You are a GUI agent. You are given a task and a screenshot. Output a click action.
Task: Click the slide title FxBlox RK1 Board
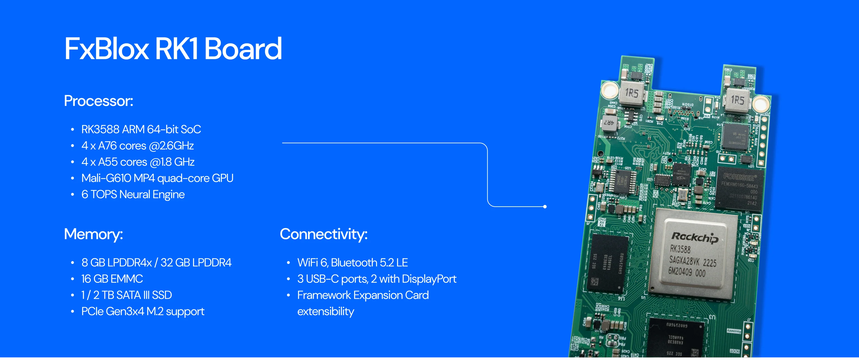click(173, 49)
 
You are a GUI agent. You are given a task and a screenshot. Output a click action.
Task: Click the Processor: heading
click(98, 101)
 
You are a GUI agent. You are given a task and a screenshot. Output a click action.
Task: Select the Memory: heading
click(93, 234)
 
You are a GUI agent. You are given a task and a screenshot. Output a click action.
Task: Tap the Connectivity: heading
click(324, 234)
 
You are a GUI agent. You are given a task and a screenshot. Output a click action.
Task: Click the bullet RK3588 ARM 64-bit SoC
click(141, 129)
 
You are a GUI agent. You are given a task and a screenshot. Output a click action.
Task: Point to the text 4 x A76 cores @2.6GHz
click(137, 146)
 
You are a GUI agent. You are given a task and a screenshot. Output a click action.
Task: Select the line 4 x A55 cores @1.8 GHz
click(138, 162)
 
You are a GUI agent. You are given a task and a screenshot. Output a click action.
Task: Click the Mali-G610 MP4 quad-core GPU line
click(157, 178)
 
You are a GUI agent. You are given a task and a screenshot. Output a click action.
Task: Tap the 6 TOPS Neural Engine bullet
click(133, 194)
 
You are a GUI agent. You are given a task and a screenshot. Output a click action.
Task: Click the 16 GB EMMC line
click(112, 279)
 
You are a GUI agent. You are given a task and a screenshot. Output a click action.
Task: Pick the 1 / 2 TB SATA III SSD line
click(126, 295)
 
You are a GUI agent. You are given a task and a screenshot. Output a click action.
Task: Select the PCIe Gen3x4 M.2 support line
click(143, 311)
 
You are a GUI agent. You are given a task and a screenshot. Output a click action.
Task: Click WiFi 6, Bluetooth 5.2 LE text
click(352, 263)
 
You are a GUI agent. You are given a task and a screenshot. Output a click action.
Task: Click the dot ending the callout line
click(545, 207)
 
